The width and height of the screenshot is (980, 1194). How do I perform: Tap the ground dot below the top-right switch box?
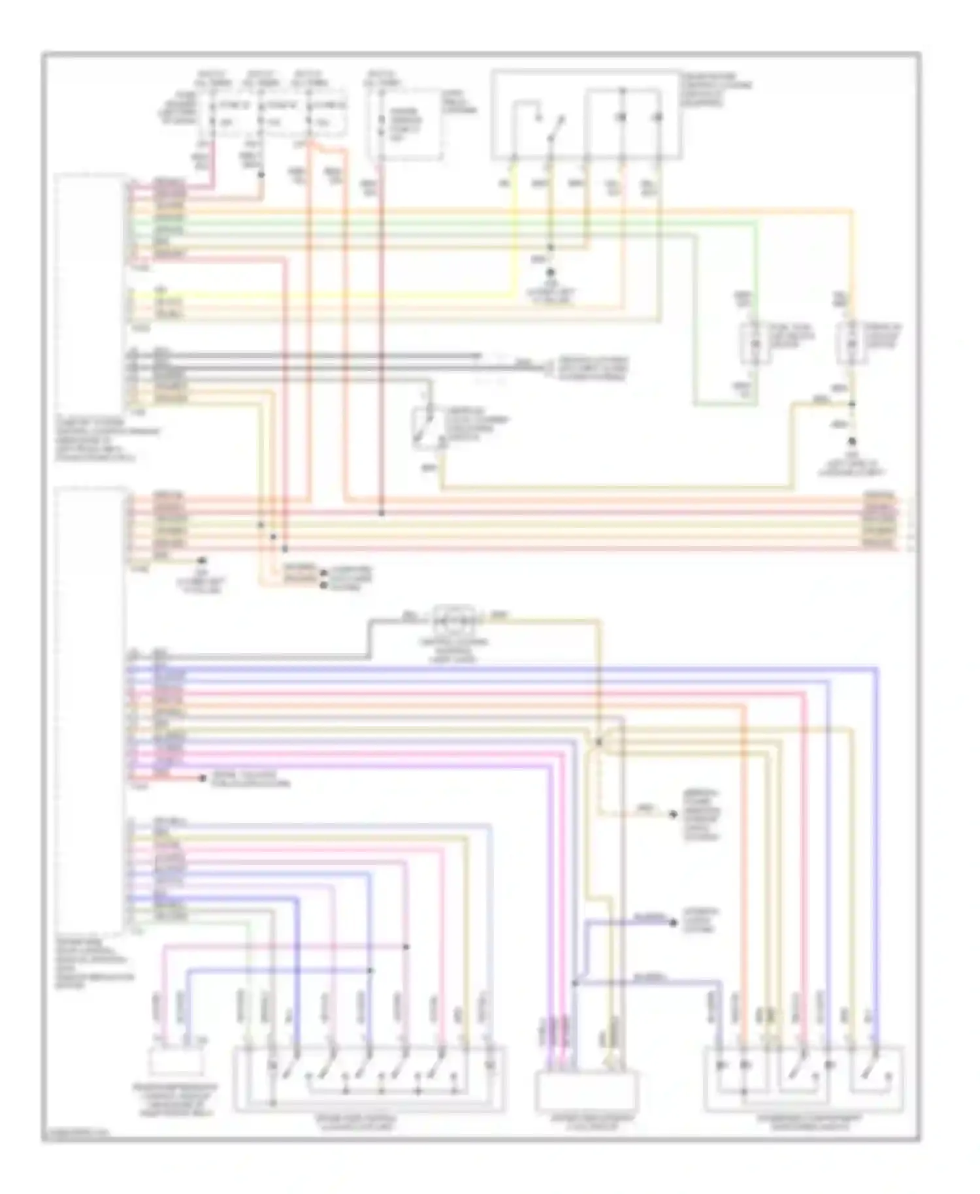(x=551, y=272)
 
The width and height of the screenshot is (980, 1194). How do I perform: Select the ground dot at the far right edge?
(x=851, y=441)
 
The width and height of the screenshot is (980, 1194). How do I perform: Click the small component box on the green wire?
(x=756, y=342)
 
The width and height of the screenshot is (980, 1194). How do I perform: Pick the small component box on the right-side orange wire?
(x=851, y=342)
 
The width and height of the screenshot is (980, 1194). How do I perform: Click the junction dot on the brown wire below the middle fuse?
(x=262, y=175)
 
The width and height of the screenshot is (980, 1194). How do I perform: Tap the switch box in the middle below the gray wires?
(x=429, y=428)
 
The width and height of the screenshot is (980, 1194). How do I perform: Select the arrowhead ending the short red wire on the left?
(x=200, y=778)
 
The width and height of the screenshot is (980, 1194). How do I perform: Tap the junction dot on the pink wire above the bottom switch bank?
(x=406, y=946)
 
